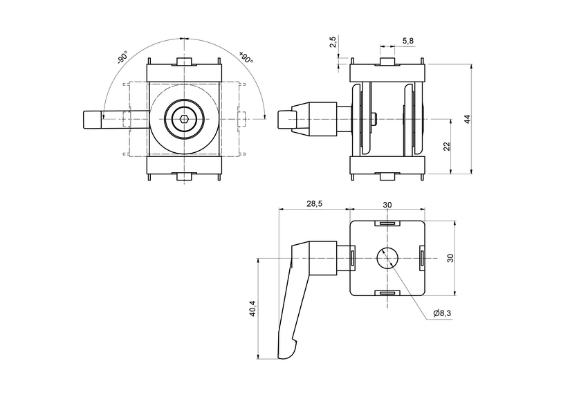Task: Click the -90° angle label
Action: pyautogui.click(x=122, y=57)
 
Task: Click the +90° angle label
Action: pyautogui.click(x=246, y=57)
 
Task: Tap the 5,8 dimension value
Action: pyautogui.click(x=407, y=41)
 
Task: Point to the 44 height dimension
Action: pyautogui.click(x=468, y=119)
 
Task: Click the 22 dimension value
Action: pyautogui.click(x=447, y=146)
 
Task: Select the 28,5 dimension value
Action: pyautogui.click(x=314, y=203)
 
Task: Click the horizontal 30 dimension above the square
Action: pyautogui.click(x=387, y=204)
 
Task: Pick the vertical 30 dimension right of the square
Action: pyautogui.click(x=450, y=258)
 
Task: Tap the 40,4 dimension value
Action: pyautogui.click(x=252, y=308)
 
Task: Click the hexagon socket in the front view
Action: pyautogui.click(x=184, y=119)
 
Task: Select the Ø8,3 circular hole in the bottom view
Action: pyautogui.click(x=387, y=258)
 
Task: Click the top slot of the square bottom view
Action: pyautogui.click(x=387, y=223)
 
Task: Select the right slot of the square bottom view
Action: pyautogui.click(x=421, y=258)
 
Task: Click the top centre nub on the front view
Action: pyautogui.click(x=184, y=62)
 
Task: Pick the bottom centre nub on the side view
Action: pyautogui.click(x=389, y=176)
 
